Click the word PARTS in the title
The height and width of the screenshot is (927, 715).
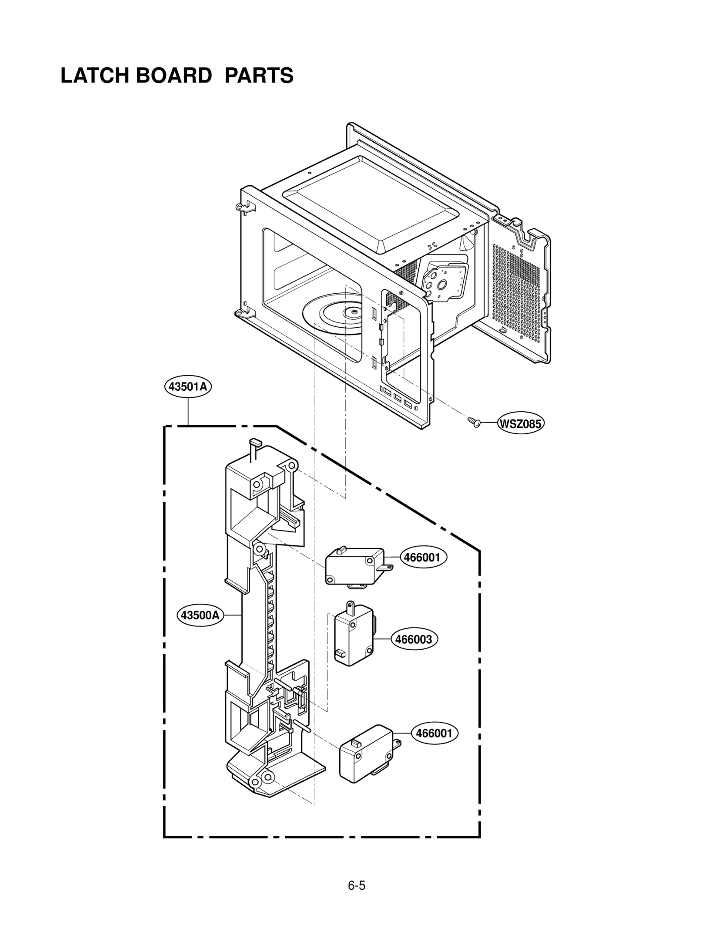[259, 76]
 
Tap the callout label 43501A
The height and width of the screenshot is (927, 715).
[188, 386]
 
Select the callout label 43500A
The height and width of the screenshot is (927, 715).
[200, 615]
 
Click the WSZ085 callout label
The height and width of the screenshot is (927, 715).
[521, 423]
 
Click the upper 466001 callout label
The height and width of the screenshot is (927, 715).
[422, 557]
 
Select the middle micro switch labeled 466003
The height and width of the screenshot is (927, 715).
[353, 635]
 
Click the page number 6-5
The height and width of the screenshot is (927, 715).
[357, 885]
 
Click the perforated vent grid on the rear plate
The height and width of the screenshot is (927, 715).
[518, 286]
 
